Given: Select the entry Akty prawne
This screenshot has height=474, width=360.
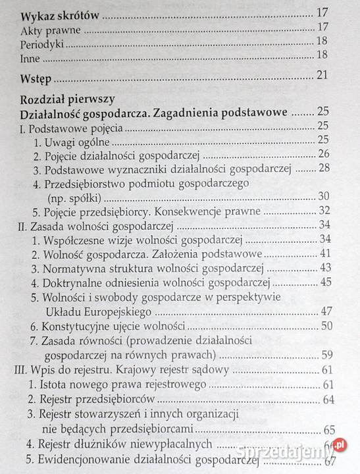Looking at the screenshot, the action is click(x=48, y=28).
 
